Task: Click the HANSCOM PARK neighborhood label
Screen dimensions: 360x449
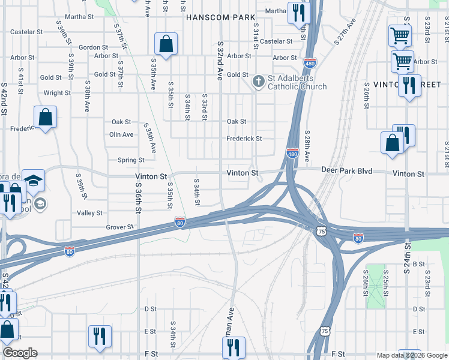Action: point(220,18)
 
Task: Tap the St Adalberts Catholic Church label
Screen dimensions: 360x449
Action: point(298,82)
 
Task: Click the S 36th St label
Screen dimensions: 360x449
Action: point(137,198)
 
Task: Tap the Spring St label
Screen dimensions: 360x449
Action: point(131,160)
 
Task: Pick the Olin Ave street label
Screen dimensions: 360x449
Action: point(121,134)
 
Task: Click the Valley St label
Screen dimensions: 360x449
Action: point(89,213)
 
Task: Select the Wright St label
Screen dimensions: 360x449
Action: point(57,93)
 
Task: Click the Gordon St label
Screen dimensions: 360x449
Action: point(93,47)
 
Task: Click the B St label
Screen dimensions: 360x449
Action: point(418,264)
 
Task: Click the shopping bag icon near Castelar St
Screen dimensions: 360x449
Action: point(166,44)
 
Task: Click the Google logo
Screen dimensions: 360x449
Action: point(20,353)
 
